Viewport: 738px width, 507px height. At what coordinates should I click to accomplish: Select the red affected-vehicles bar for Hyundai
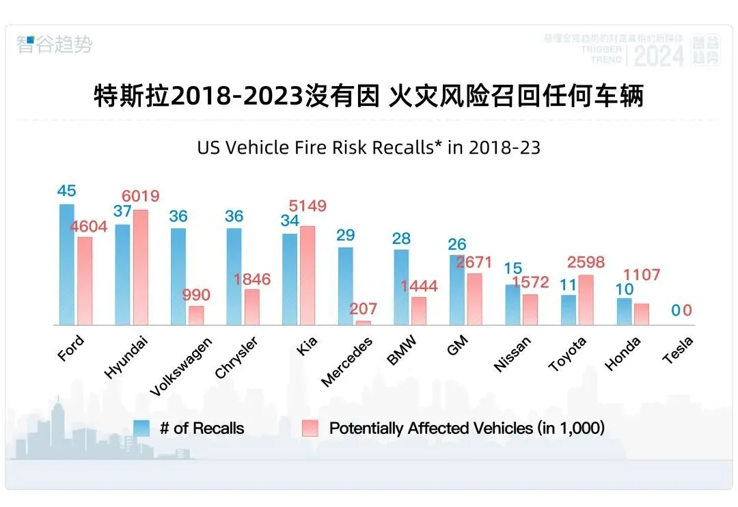click(140, 267)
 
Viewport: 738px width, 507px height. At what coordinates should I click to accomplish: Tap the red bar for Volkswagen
click(196, 315)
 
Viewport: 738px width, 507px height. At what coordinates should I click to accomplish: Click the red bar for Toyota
click(586, 300)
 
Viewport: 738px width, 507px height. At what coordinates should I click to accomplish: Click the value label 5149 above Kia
click(307, 206)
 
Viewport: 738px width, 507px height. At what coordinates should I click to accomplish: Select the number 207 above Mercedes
click(363, 309)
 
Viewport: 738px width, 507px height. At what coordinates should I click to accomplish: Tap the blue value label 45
click(66, 191)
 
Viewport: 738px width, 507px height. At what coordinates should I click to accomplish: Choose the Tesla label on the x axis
click(678, 350)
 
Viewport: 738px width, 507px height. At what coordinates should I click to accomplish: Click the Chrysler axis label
click(236, 357)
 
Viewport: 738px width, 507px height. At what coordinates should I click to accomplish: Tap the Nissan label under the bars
click(512, 355)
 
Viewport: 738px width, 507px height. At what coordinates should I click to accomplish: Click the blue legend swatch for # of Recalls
click(141, 428)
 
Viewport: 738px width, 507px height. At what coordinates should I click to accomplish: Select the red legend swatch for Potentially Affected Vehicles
click(310, 428)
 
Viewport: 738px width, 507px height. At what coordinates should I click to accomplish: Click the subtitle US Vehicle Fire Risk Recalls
click(368, 147)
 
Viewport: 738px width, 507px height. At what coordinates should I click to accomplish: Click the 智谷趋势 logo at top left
click(54, 45)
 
